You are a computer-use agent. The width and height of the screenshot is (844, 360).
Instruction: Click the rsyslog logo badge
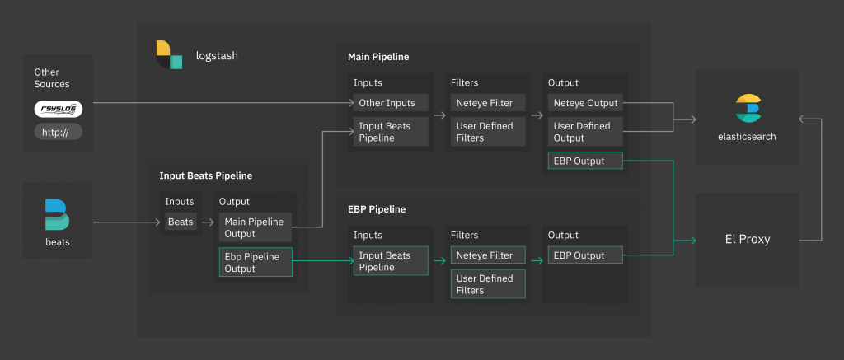click(x=59, y=110)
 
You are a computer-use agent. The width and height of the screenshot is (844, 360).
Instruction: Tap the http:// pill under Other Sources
click(x=59, y=132)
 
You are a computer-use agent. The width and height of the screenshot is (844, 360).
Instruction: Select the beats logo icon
click(x=57, y=215)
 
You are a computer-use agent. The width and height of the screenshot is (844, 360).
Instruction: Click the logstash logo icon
click(x=169, y=54)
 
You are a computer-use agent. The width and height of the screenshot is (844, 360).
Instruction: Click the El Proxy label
click(x=747, y=240)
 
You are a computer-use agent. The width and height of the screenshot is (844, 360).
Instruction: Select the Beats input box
click(x=181, y=222)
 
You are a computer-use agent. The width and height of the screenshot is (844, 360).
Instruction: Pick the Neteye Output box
click(x=585, y=103)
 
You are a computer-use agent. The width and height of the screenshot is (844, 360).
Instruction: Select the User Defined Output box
click(x=585, y=132)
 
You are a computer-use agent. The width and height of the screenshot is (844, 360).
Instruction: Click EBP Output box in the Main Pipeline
click(x=585, y=161)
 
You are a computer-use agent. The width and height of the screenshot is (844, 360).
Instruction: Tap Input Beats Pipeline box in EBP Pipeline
click(x=391, y=261)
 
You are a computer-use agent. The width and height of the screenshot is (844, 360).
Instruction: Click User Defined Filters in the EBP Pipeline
click(x=488, y=284)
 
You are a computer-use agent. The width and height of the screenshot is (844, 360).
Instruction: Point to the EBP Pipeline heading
click(x=377, y=209)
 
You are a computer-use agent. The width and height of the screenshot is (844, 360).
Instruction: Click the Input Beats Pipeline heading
click(x=205, y=175)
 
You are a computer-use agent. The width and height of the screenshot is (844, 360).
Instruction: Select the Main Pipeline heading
click(x=378, y=57)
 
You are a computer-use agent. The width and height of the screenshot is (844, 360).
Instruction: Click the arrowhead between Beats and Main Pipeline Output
click(x=212, y=222)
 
